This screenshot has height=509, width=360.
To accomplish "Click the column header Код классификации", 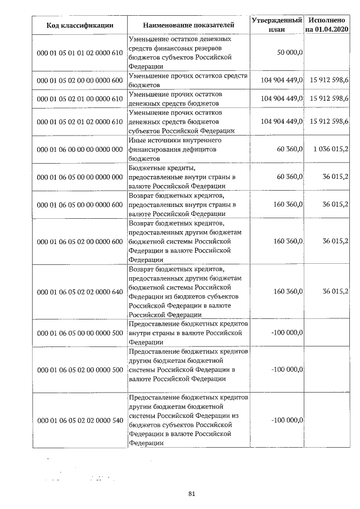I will click(x=80, y=25).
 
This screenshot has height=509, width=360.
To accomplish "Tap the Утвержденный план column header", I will click(x=277, y=25).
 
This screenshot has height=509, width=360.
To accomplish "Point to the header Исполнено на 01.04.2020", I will click(x=327, y=25).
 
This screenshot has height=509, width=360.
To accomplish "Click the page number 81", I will click(x=191, y=494).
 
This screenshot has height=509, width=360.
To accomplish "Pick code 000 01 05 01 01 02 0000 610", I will click(x=80, y=52).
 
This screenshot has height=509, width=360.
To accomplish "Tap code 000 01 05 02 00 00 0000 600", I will click(x=80, y=80).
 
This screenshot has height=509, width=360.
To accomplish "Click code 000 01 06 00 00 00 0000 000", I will click(x=80, y=148).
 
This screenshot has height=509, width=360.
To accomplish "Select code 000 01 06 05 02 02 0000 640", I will click(x=80, y=291).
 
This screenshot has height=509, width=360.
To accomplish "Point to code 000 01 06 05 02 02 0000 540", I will click(x=80, y=420).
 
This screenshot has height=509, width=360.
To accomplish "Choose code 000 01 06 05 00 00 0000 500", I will click(x=80, y=332).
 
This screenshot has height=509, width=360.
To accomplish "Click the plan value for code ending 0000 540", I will click(x=287, y=420).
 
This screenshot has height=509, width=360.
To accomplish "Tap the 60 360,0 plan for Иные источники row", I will click(x=291, y=148).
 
